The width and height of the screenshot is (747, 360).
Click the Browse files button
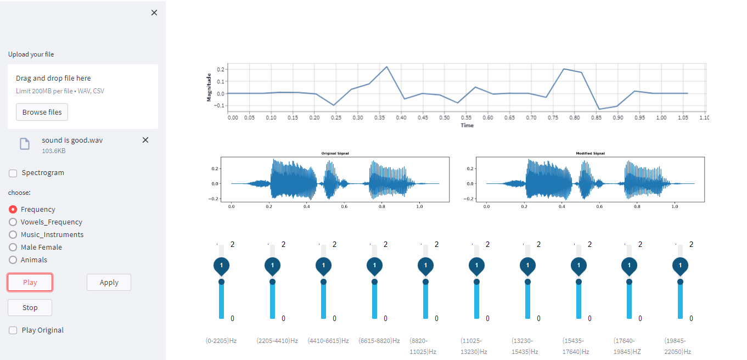42,112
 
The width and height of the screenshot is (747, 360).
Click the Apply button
109,282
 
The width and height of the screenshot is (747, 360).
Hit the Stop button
30,307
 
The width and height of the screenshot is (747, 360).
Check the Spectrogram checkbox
13,173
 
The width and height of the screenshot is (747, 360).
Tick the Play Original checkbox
13,330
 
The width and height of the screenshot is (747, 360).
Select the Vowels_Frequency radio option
13,222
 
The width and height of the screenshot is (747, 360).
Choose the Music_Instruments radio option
13,234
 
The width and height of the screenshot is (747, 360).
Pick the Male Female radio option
13,247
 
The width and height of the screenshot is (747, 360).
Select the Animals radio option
13,260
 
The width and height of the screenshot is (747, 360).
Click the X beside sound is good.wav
145,140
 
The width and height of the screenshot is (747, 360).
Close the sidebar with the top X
154,13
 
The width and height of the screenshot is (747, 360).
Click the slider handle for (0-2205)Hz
221,282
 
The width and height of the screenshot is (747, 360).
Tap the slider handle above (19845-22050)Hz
681,282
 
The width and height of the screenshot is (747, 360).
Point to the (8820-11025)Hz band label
423,346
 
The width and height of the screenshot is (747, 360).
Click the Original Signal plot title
335,154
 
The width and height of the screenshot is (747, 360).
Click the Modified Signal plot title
590,154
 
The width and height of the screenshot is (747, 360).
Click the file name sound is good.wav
72,140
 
